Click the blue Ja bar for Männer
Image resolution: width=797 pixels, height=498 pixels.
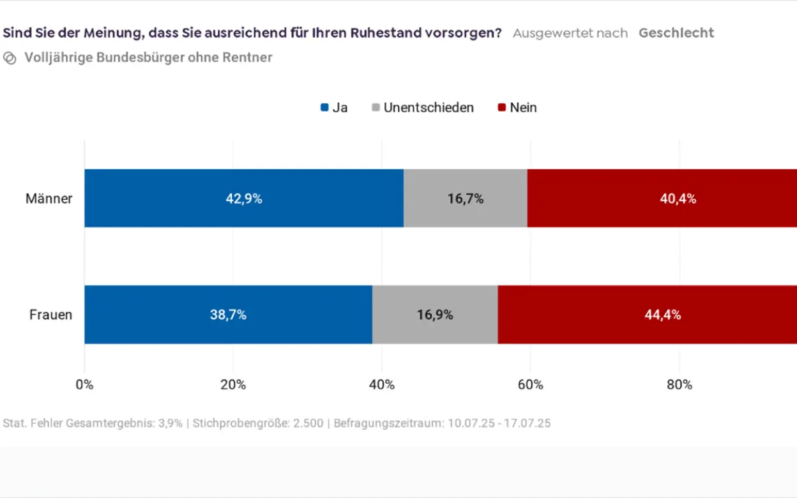pyautogui.click(x=244, y=198)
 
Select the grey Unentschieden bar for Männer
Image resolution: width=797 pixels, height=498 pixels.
pyautogui.click(x=466, y=198)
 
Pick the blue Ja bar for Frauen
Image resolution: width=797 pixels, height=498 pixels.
pyautogui.click(x=228, y=314)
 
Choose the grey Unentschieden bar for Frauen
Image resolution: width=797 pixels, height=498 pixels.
pyautogui.click(x=435, y=314)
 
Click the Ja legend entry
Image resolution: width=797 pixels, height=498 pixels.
pyautogui.click(x=334, y=107)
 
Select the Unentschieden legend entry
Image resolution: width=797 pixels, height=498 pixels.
pyautogui.click(x=423, y=107)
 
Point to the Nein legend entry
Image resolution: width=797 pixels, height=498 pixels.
pyautogui.click(x=517, y=107)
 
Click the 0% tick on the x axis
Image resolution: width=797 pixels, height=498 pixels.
pyautogui.click(x=84, y=384)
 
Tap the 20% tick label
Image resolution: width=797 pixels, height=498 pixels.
pyautogui.click(x=233, y=384)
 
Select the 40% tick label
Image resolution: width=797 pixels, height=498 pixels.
pyautogui.click(x=382, y=384)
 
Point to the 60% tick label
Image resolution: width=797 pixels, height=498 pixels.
pyautogui.click(x=531, y=384)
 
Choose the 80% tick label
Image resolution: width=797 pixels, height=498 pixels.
pyautogui.click(x=679, y=384)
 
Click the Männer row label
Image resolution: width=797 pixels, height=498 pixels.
pyautogui.click(x=49, y=199)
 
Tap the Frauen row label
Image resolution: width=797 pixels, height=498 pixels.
pyautogui.click(x=51, y=315)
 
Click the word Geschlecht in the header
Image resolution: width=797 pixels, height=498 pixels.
pyautogui.click(x=676, y=33)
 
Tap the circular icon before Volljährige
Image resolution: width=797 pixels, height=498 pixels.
pyautogui.click(x=10, y=58)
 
